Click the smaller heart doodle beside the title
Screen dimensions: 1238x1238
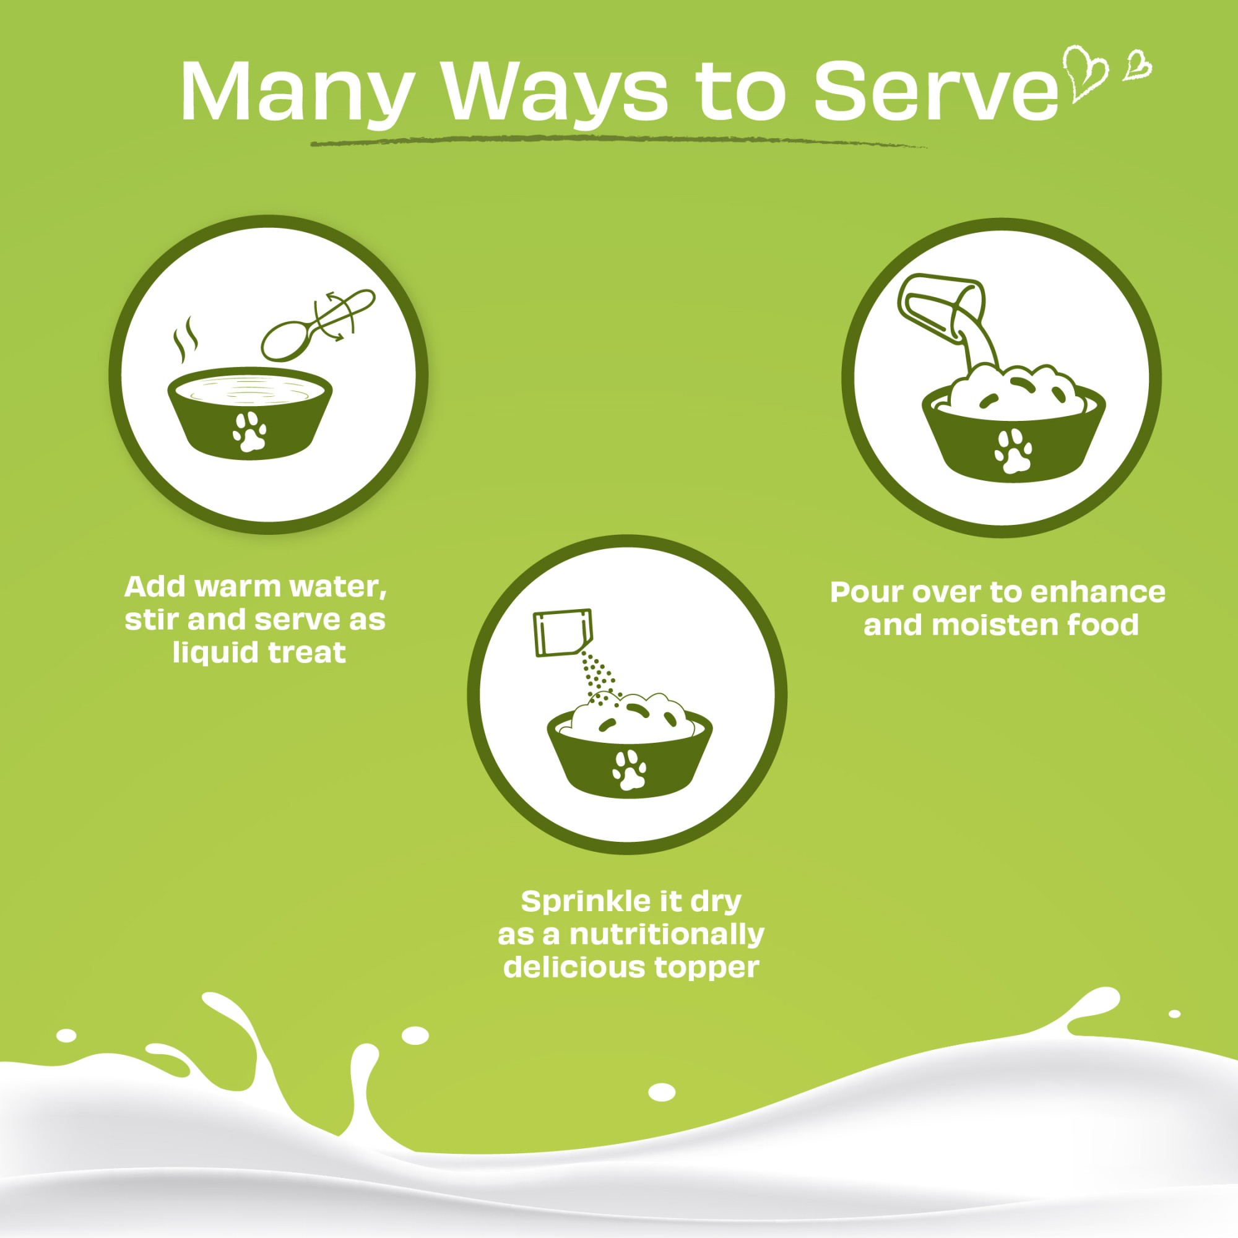click(x=1136, y=65)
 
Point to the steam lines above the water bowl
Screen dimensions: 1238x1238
click(x=186, y=340)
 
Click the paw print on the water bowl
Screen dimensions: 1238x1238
click(x=249, y=431)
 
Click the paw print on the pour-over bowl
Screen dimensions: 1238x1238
click(x=1013, y=451)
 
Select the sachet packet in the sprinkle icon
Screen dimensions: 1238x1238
click(x=563, y=632)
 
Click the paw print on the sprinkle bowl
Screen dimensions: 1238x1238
click(x=630, y=769)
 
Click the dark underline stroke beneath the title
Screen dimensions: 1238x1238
click(x=618, y=142)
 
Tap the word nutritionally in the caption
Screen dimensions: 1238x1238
click(x=667, y=935)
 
